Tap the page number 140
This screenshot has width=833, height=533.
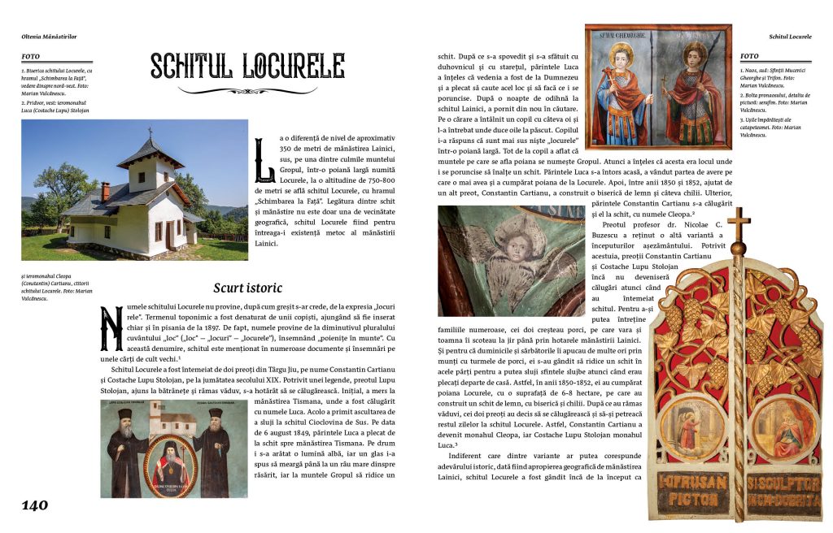tap(35, 505)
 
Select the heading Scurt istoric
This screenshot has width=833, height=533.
tap(247, 288)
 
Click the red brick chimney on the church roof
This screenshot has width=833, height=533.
tap(105, 191)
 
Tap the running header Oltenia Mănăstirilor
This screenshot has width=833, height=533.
tap(54, 37)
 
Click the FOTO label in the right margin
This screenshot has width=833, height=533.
tap(749, 56)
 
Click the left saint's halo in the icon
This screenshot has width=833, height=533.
tap(621, 60)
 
